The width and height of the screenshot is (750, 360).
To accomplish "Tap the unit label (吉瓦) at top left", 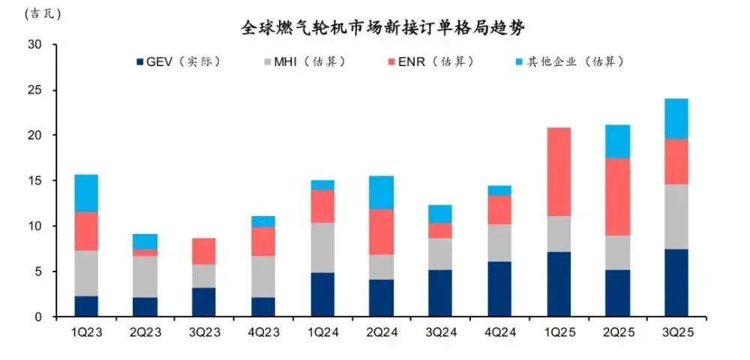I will tap(43, 13).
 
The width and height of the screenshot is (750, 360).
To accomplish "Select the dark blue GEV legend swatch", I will tap(139, 61).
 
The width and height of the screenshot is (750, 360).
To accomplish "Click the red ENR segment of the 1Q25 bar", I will tap(558, 172).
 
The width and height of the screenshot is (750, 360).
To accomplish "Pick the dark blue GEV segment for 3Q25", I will tap(676, 283).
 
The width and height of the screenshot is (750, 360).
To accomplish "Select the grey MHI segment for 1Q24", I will tap(322, 247).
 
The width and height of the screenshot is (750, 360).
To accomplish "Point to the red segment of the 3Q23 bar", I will tap(204, 251).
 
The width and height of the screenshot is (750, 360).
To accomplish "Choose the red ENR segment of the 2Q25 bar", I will tap(617, 196).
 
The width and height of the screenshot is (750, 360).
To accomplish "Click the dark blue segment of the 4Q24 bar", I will tap(499, 289).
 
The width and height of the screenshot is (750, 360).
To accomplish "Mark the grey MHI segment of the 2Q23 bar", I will tap(145, 277).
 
